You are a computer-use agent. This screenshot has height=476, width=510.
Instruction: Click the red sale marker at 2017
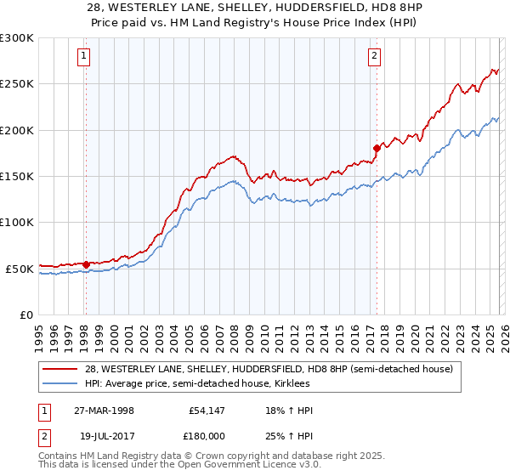[376, 148]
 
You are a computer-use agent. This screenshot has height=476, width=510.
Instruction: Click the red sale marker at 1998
[86, 264]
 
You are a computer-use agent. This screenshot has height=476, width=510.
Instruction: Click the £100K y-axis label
[17, 223]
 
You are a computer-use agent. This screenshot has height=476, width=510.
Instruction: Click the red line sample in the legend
[60, 368]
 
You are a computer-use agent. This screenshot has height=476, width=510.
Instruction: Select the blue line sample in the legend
[60, 382]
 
